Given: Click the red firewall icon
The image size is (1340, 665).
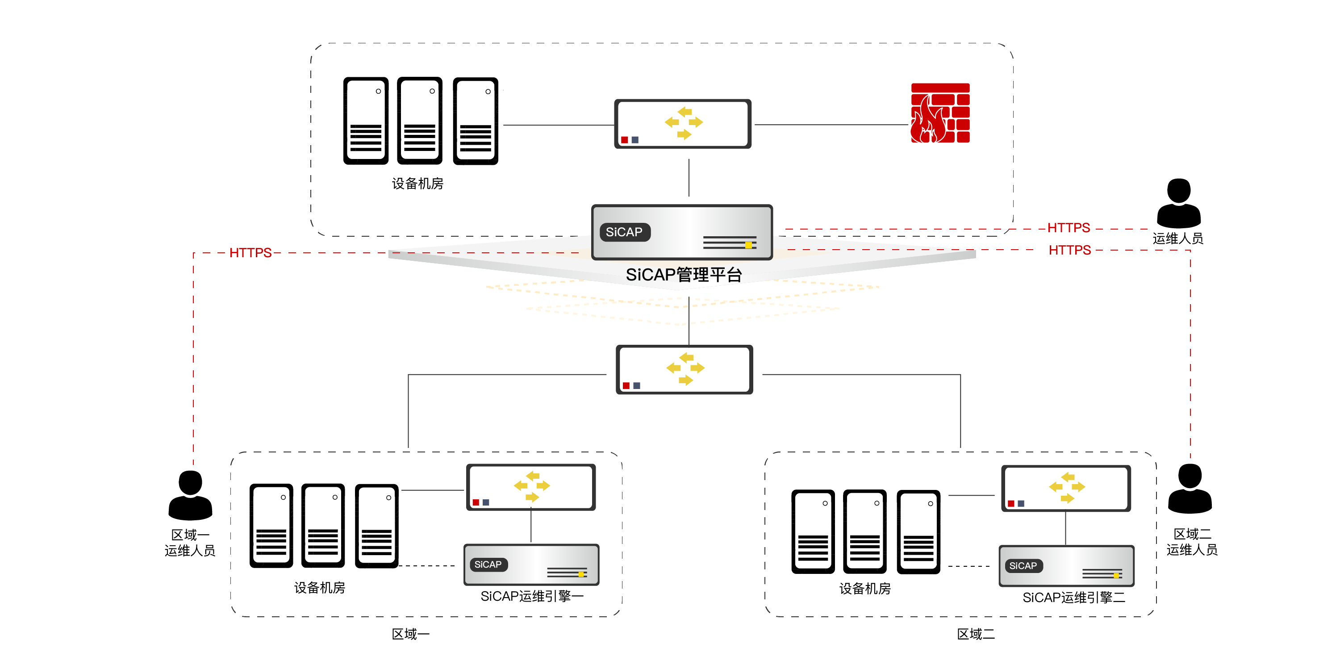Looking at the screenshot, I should click(939, 113).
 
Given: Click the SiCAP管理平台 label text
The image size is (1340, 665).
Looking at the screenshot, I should click(684, 275).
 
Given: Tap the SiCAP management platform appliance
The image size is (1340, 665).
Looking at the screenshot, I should click(681, 232).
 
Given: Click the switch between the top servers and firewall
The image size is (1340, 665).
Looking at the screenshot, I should click(682, 124).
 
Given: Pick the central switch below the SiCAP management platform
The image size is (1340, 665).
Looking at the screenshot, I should click(684, 369).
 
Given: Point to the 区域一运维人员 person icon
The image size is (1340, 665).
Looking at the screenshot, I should click(190, 495).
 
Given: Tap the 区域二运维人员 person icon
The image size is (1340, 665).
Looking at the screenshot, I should click(1190, 489).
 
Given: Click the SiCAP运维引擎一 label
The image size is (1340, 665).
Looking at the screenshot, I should click(532, 596).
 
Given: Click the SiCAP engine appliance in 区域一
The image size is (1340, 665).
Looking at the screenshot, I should click(531, 565).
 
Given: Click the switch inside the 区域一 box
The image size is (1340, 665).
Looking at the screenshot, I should click(530, 487).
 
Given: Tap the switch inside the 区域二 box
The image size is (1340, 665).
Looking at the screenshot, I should click(1066, 489).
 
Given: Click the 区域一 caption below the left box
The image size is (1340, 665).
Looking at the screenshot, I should click(410, 634).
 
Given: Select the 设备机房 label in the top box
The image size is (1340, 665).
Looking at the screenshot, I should click(417, 184).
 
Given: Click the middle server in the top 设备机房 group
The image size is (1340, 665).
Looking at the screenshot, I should click(419, 121).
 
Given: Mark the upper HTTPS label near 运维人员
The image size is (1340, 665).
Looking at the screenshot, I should click(1069, 228).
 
